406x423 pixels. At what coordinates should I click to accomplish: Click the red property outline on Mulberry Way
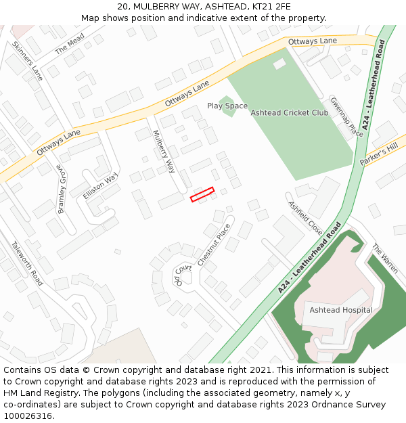[x=202, y=194]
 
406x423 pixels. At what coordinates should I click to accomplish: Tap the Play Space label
[x=227, y=106]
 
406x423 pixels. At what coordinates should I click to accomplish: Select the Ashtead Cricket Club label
[x=289, y=112]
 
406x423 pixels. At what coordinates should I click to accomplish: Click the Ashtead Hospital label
[x=341, y=310]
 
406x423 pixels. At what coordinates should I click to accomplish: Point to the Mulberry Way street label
[x=164, y=152]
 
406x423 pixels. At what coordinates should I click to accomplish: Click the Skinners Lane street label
[x=27, y=61]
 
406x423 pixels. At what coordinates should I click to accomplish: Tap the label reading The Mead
[x=70, y=43]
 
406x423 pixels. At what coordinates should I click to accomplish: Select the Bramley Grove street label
[x=62, y=189]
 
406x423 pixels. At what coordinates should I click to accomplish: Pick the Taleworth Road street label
[x=28, y=262]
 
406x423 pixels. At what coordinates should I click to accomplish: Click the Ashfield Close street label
[x=305, y=218]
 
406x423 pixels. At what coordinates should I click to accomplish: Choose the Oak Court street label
[x=183, y=273]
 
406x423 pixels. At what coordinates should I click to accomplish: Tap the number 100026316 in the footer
[x=28, y=416]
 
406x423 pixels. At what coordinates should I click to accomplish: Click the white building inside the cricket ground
[x=279, y=64]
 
